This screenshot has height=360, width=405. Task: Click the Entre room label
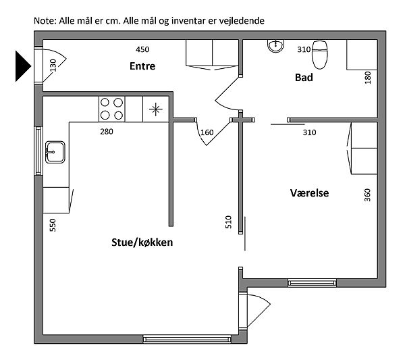tap(142, 66)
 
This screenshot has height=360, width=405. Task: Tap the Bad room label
tap(304, 78)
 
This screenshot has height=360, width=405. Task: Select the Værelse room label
tap(309, 193)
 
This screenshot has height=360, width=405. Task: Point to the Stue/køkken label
tap(142, 242)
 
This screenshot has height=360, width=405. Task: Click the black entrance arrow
tap(23, 66)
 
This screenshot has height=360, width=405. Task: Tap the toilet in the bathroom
tap(320, 55)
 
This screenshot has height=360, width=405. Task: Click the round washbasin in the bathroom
tap(275, 46)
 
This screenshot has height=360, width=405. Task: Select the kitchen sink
tap(55, 152)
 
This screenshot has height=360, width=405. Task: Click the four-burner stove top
tap(111, 109)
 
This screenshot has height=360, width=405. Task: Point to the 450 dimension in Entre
tap(142, 49)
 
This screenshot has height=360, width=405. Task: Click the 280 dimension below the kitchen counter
tap(107, 132)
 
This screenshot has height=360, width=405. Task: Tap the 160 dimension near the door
tap(207, 132)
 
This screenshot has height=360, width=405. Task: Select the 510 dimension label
tap(229, 222)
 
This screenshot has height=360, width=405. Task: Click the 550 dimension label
tap(53, 225)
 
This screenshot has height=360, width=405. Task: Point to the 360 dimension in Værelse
tap(367, 195)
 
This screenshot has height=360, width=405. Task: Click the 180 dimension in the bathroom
tap(368, 78)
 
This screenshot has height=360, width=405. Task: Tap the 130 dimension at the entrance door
tap(53, 66)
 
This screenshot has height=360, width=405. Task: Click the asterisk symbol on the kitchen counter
tap(156, 109)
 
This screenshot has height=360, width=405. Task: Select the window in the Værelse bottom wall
tap(312, 283)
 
